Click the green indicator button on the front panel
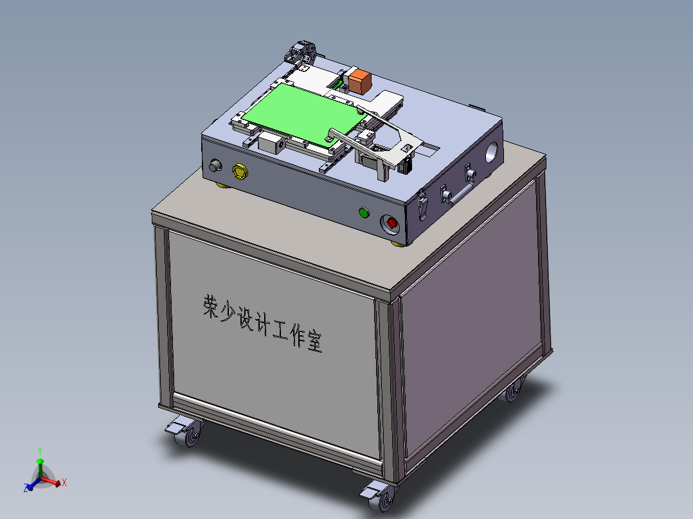pos(364,213)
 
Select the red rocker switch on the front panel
pos(392,224)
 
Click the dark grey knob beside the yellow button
pos(215,167)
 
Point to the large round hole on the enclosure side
pos(492,153)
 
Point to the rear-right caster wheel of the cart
pos(512,391)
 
